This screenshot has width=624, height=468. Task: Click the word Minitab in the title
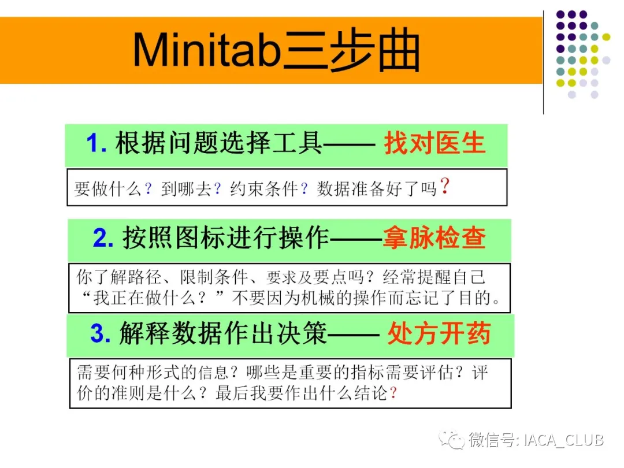[207, 50]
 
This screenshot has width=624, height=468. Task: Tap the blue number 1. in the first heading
[96, 143]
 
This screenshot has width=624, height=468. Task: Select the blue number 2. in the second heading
[103, 238]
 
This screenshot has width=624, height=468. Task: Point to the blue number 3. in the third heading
[101, 333]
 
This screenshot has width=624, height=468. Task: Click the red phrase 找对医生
[434, 143]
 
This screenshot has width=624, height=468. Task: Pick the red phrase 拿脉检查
[434, 238]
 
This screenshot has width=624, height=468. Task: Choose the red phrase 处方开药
[439, 333]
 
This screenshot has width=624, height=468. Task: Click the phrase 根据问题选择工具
[218, 143]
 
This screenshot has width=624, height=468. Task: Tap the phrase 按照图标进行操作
[226, 238]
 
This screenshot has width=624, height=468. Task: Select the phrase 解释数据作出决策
[223, 333]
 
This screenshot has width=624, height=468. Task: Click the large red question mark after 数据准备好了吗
[445, 186]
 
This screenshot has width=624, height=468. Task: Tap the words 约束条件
[264, 188]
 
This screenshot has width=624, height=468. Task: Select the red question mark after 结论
[393, 393]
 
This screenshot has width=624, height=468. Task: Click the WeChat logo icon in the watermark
[452, 440]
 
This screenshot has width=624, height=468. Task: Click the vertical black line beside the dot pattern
[543, 62]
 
